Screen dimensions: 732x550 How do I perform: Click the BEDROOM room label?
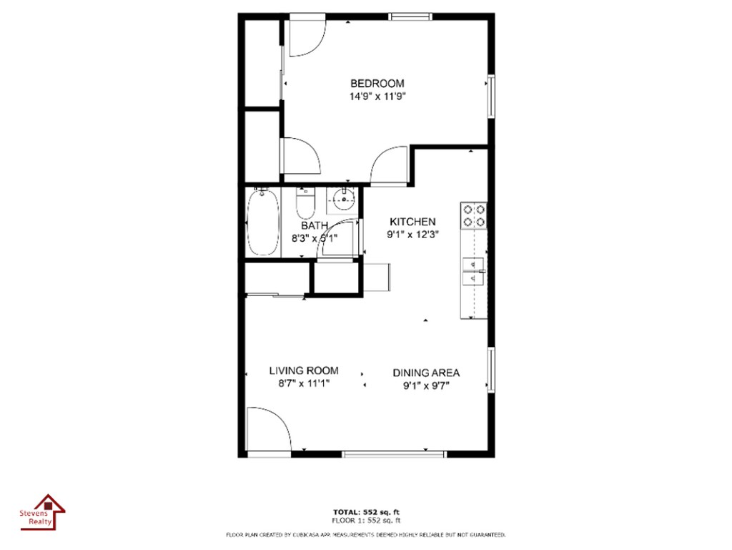click(x=377, y=84)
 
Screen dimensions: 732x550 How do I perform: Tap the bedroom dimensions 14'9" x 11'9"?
click(x=377, y=97)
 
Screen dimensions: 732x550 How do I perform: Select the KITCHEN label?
click(x=412, y=222)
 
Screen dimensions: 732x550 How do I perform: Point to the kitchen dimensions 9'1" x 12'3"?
click(x=412, y=235)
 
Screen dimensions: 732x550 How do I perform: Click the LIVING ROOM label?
click(x=304, y=370)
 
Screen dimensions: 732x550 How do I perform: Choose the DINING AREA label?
click(x=426, y=373)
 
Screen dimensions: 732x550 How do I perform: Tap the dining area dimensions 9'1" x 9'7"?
click(x=426, y=386)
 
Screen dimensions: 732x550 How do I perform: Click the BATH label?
click(x=315, y=225)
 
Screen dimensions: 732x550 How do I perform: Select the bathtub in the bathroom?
click(x=263, y=222)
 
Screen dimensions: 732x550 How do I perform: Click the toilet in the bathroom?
click(x=306, y=202)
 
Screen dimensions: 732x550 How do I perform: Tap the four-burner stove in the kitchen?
click(x=474, y=216)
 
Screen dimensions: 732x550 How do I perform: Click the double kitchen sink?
click(x=473, y=271)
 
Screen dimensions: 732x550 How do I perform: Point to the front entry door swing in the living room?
click(x=269, y=430)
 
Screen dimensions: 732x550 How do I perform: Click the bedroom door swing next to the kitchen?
click(x=390, y=166)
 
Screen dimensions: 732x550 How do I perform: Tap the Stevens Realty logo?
click(x=42, y=513)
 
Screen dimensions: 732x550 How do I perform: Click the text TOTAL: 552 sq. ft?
click(x=366, y=512)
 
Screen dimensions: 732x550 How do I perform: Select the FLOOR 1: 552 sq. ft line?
click(x=366, y=520)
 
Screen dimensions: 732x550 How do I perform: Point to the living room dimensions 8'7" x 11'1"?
click(x=304, y=384)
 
